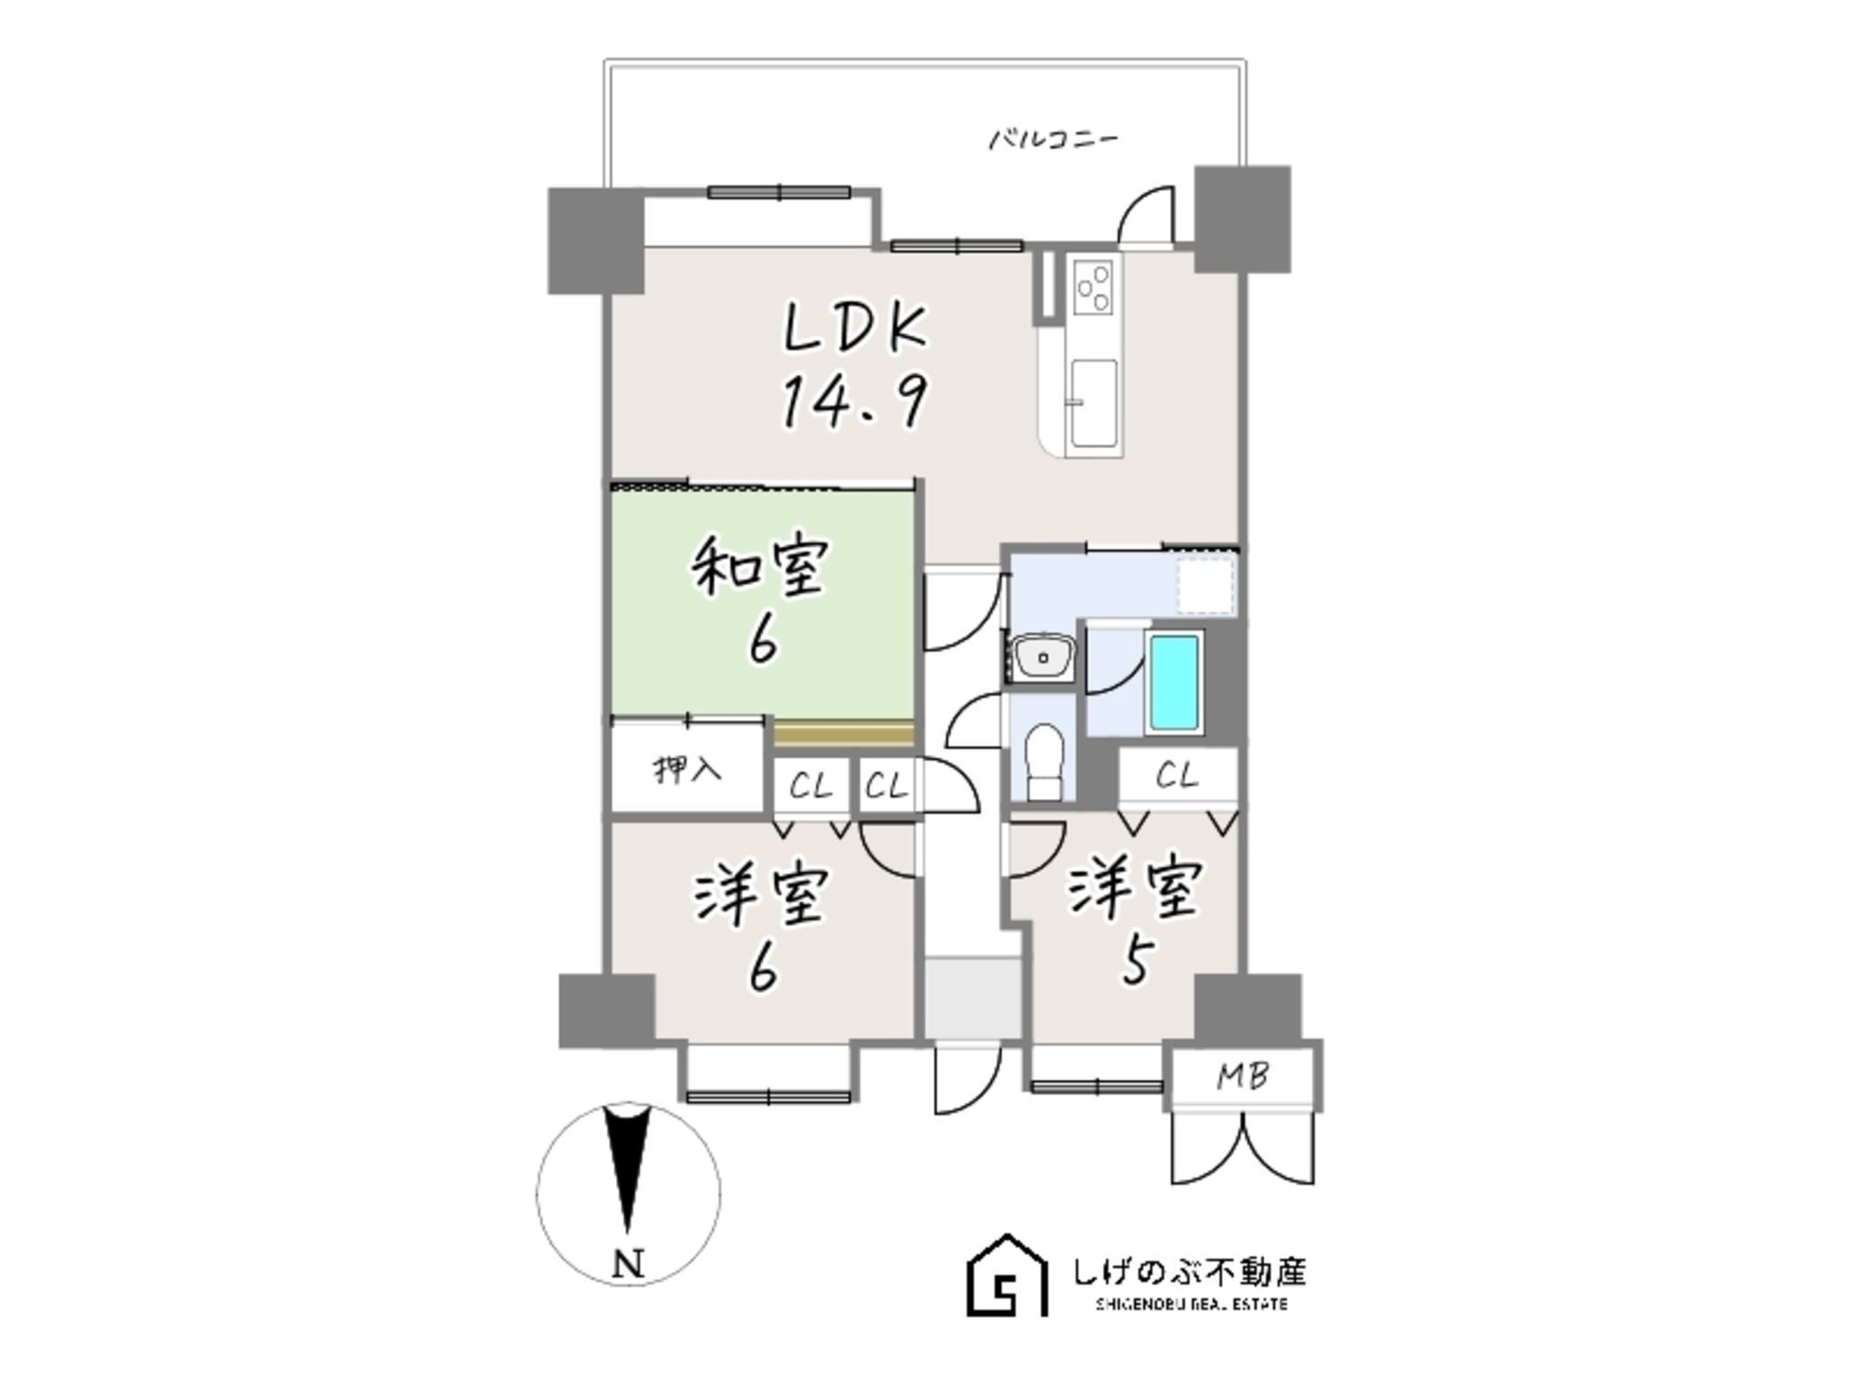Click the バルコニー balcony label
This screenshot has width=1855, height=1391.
[1053, 139]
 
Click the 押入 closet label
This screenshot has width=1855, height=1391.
[687, 771]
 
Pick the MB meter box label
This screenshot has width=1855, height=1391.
[1242, 1076]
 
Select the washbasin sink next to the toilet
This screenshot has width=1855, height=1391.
[1043, 655]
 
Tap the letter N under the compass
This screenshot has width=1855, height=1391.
[629, 1262]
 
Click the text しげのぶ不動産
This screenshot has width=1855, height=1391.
[1189, 1271]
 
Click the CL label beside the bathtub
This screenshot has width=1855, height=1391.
[1177, 775]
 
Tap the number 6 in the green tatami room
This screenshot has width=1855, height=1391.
[762, 642]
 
